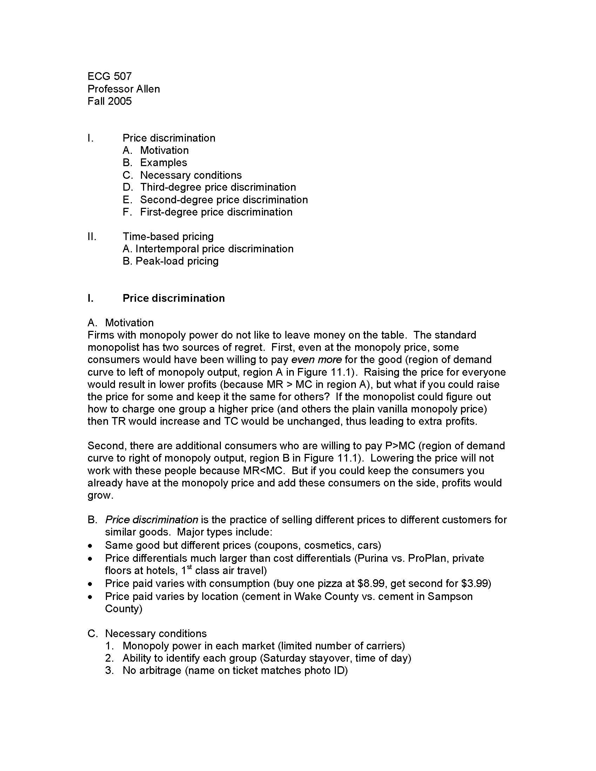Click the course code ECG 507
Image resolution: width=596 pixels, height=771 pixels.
(x=109, y=76)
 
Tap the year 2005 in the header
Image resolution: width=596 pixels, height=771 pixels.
(x=120, y=101)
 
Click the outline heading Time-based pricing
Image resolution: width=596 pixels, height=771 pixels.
(x=168, y=236)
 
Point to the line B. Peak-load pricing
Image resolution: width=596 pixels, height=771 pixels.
(x=170, y=261)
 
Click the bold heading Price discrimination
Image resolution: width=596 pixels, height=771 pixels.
(x=173, y=298)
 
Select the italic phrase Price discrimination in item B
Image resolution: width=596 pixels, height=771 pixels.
(x=151, y=520)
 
